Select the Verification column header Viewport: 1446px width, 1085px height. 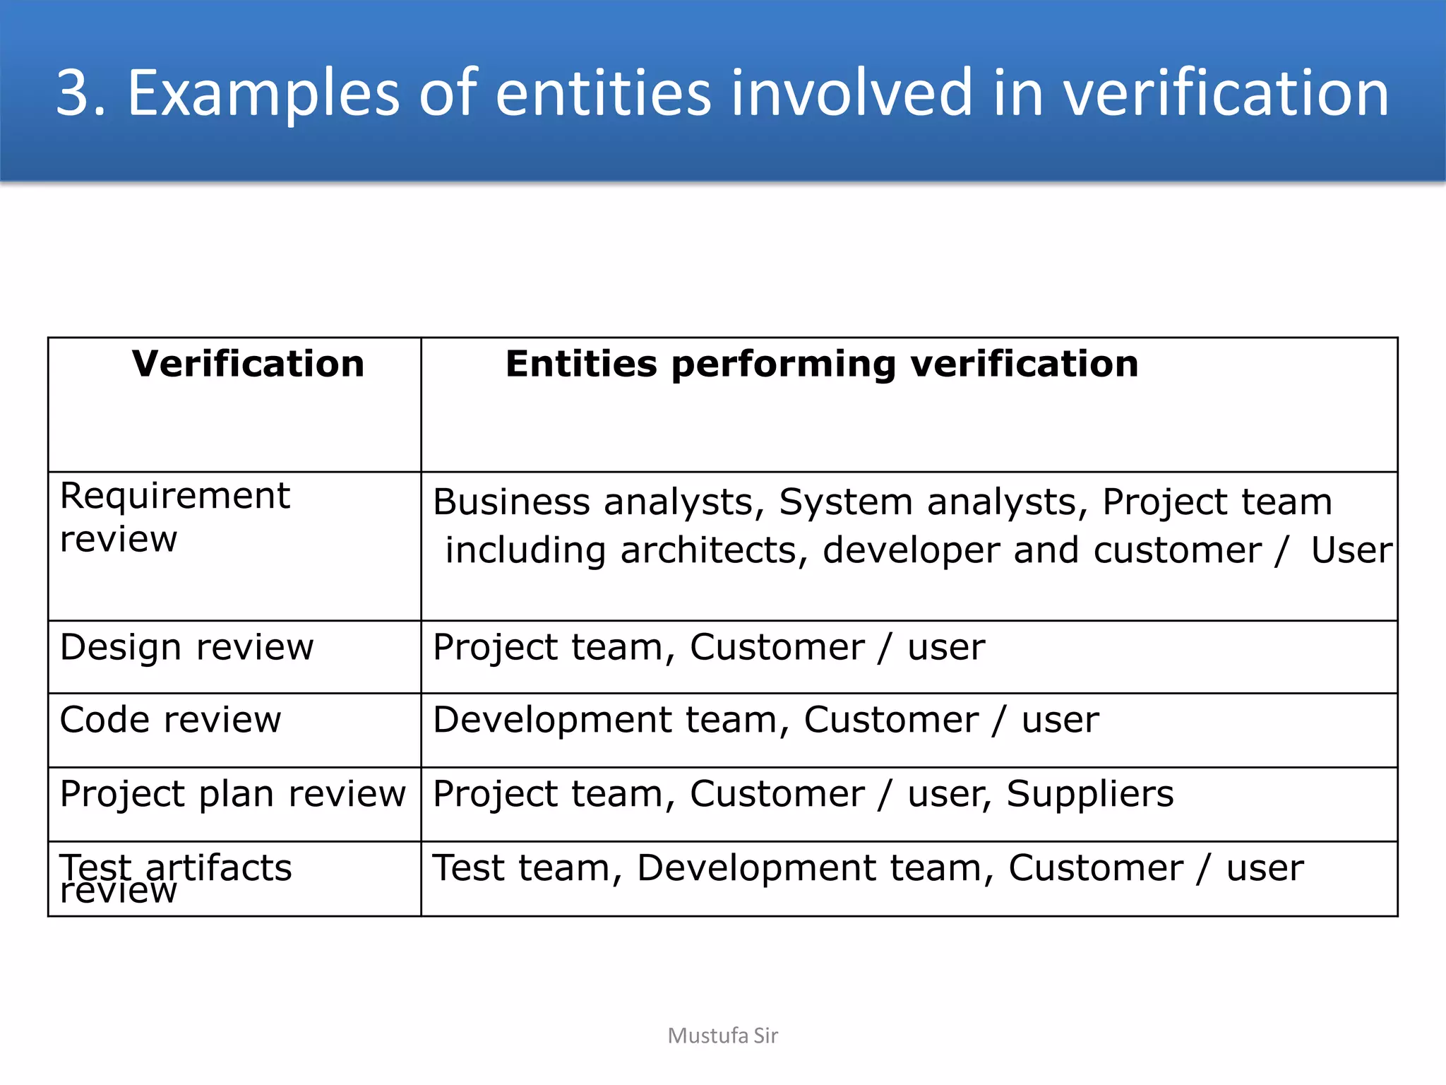coord(248,364)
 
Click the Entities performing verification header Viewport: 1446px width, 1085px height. coord(822,364)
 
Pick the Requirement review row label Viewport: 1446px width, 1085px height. coord(174,517)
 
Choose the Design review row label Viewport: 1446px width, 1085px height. coord(186,647)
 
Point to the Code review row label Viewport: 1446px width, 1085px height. coord(170,720)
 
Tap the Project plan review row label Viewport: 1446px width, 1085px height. coord(232,794)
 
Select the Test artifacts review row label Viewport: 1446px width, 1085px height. coord(175,877)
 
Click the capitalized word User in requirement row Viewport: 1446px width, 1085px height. coord(1351,550)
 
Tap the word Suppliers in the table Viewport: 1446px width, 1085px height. coord(1089,794)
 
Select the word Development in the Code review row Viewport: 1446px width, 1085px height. coord(551,720)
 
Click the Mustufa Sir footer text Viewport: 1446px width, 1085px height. coord(722,1036)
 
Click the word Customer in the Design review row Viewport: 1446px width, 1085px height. coord(777,647)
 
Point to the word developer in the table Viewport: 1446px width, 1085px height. coord(911,550)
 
